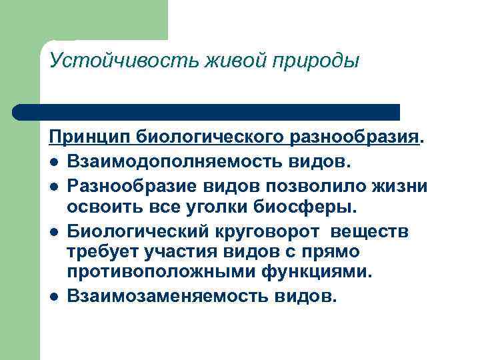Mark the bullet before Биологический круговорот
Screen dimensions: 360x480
click(53, 232)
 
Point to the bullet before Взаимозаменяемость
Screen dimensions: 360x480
click(53, 295)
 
